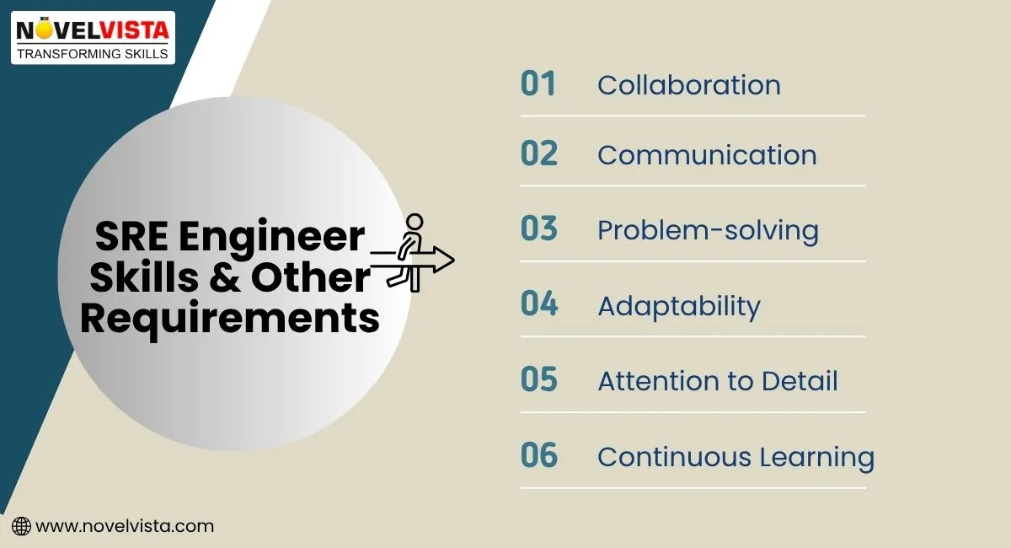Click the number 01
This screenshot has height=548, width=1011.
point(538,84)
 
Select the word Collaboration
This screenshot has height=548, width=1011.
point(688,85)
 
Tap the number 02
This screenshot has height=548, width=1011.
point(539,154)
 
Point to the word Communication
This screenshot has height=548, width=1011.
point(707,155)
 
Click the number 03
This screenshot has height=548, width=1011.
point(539,228)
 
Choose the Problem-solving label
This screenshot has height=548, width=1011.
point(708,230)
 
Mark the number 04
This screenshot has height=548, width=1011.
point(539,304)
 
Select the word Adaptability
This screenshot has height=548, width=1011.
point(678,306)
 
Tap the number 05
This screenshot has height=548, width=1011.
point(539,379)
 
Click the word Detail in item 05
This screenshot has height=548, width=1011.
point(800,381)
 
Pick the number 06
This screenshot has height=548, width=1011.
point(539,455)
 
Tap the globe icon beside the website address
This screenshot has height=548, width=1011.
point(22,526)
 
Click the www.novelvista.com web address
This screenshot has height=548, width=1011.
point(125,526)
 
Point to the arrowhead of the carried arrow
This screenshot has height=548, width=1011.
point(444,260)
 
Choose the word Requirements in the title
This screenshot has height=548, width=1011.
point(229,319)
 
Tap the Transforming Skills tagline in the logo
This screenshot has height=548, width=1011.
point(93,52)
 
